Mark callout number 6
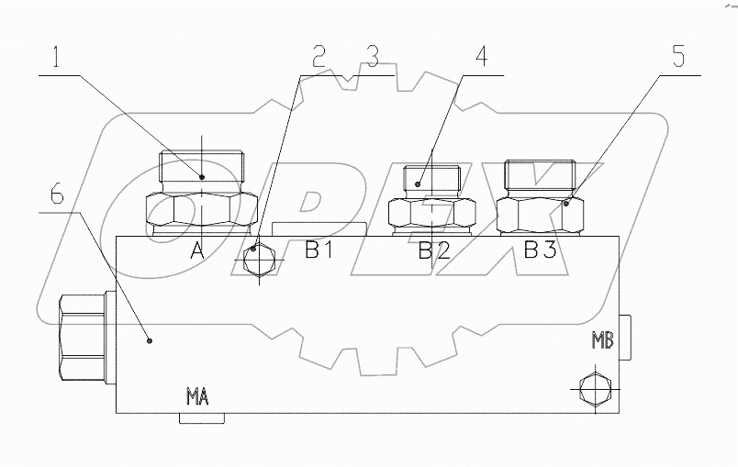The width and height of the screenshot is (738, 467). [56, 195]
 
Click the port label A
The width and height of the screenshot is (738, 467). [196, 250]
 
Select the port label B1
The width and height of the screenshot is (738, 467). [319, 250]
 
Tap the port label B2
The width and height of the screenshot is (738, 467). [434, 250]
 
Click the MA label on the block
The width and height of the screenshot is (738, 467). [197, 397]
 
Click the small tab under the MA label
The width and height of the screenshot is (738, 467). [201, 418]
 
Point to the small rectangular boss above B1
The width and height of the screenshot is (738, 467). [319, 228]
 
